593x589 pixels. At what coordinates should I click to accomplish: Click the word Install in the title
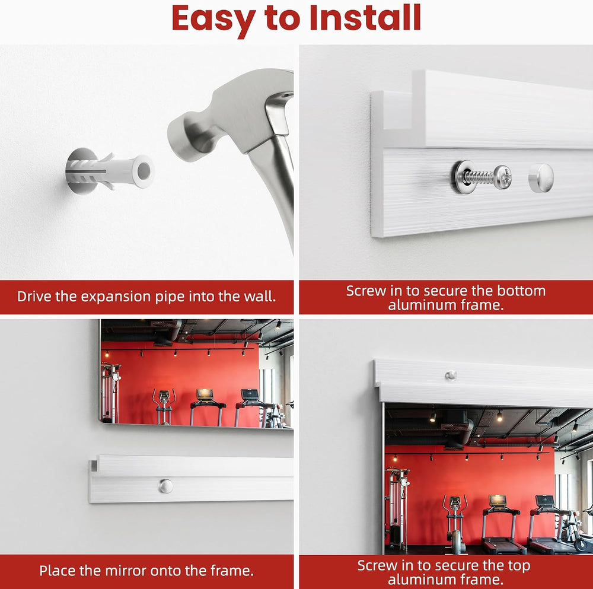coord(365,18)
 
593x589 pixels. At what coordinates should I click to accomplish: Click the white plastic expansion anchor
coord(110,171)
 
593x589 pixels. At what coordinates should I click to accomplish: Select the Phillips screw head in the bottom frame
coord(503,177)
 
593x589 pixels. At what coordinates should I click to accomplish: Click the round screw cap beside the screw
coord(541,177)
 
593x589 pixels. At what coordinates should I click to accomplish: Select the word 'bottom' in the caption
coord(521,291)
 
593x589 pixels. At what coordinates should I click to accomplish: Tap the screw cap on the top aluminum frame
coord(451,375)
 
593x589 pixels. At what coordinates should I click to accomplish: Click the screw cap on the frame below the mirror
coord(165,486)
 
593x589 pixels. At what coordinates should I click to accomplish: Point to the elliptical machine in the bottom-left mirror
coord(164,407)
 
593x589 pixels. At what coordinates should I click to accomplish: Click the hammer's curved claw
coord(278,113)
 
